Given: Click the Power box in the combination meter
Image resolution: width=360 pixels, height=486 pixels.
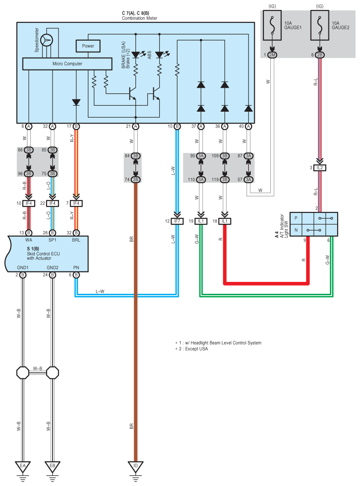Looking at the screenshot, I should click(88, 46).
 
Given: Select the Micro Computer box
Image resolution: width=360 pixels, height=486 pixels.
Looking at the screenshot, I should click(67, 64).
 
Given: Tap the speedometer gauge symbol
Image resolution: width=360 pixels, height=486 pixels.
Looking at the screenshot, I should click(47, 40).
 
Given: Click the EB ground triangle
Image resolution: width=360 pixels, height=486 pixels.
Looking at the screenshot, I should click(52, 467).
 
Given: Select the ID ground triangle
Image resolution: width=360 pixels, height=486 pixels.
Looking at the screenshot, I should click(135, 467).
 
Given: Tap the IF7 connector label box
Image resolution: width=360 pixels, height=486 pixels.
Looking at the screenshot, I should click(177, 221).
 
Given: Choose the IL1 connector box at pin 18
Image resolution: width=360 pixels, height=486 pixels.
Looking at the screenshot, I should click(225, 221).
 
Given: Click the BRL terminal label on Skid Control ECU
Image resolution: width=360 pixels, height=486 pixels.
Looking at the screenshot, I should click(76, 240).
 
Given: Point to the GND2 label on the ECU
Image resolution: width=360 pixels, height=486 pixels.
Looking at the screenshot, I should click(52, 267).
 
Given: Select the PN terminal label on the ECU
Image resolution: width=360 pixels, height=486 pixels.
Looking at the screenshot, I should click(76, 267).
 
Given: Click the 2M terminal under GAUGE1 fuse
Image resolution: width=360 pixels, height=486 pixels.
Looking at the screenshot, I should click(273, 55).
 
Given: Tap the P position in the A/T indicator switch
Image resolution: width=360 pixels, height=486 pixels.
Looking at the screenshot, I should click(296, 218).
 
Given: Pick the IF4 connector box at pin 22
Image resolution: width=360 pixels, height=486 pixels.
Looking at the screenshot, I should click(52, 203).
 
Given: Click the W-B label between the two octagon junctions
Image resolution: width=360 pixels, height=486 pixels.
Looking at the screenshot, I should click(38, 368).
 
